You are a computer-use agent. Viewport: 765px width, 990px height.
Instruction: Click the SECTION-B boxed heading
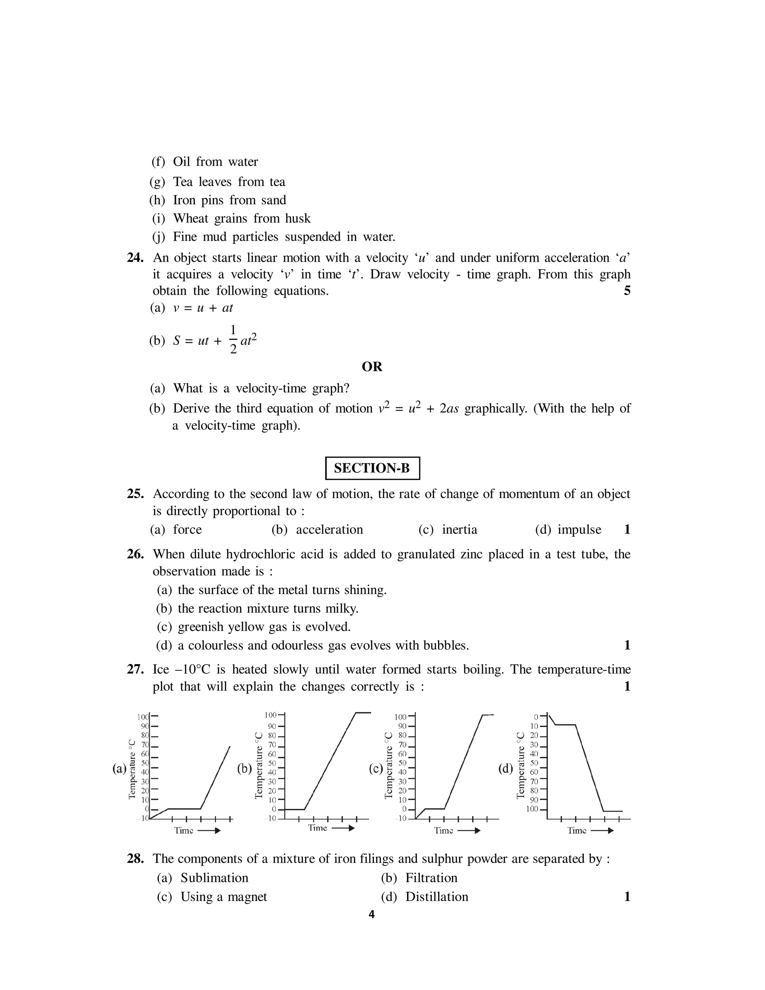372,468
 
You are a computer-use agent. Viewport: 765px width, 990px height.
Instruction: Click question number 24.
135,258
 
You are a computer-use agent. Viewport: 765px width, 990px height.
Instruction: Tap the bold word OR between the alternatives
372,367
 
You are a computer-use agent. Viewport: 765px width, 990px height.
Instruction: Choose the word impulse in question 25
579,529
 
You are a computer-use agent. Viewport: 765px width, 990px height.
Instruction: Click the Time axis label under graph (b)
318,828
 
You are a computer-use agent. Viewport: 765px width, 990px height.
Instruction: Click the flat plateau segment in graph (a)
185,808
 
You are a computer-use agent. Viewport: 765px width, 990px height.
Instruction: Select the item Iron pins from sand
229,200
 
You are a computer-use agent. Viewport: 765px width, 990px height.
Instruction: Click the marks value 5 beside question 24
627,291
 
